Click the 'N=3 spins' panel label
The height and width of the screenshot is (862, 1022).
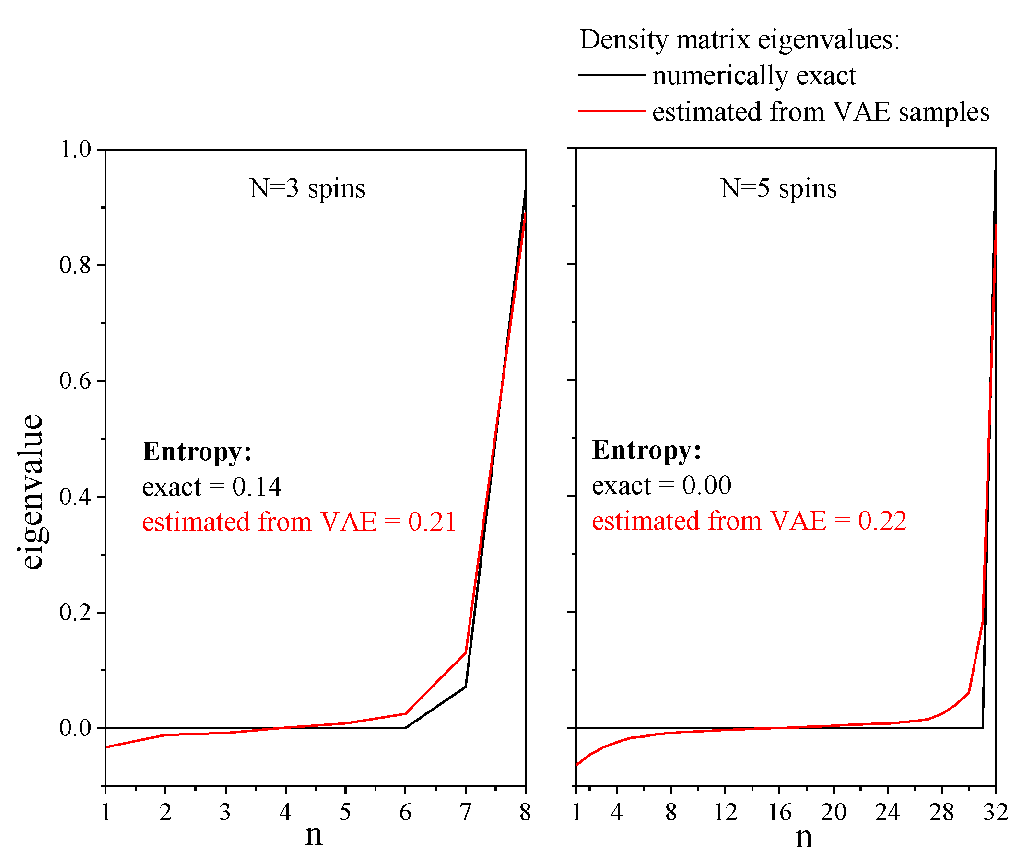point(307,188)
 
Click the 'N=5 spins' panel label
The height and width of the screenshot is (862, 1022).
point(778,188)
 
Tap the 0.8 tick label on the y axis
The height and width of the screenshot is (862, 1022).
point(75,265)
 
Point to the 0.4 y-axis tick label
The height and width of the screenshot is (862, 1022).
point(75,497)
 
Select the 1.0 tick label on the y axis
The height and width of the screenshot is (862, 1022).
point(75,150)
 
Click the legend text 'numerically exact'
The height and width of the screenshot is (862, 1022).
point(753,76)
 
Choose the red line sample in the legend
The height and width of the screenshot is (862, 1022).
point(612,111)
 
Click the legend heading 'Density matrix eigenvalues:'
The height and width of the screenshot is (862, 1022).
point(739,40)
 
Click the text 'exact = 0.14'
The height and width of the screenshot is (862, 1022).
point(211,487)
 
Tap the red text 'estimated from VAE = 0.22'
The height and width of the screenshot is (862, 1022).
point(749,521)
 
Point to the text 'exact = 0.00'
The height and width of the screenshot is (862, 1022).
point(661,486)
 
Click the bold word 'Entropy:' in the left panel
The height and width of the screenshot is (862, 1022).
point(197,452)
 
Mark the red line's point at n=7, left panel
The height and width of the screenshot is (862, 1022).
point(465,653)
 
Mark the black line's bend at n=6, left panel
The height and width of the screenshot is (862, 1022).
point(405,728)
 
